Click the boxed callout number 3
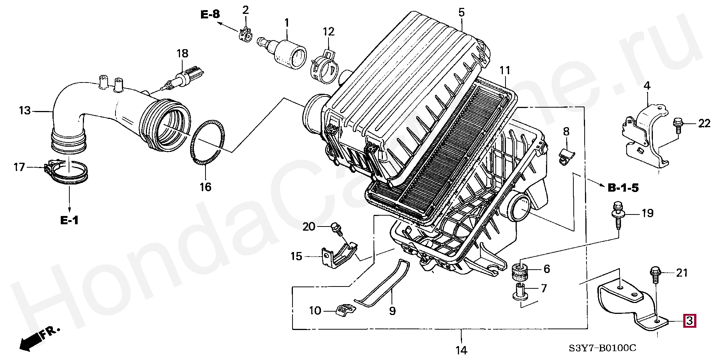(690, 321)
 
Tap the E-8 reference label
(210, 15)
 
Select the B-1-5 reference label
(623, 188)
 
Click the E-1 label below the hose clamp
(69, 220)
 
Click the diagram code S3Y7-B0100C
(602, 348)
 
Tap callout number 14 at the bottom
(461, 350)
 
